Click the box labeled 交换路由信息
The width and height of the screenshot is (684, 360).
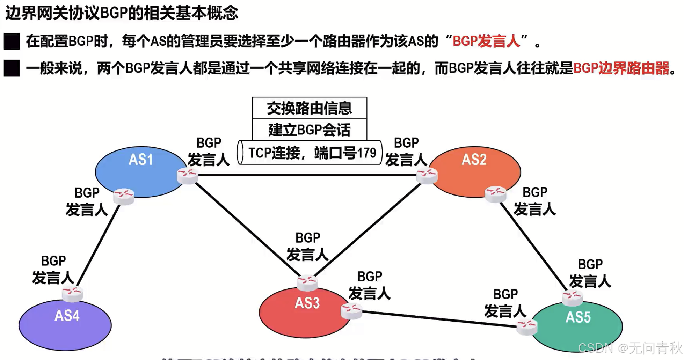click(310, 108)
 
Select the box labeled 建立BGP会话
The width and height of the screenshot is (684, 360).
click(310, 130)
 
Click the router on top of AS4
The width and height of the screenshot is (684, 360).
click(72, 293)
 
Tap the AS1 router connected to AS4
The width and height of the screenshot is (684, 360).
click(124, 196)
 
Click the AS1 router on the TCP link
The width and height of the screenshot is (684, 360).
click(188, 175)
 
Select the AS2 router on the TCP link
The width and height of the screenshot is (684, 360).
click(427, 175)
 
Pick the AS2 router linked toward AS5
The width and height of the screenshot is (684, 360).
click(495, 194)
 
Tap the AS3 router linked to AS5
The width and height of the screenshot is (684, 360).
click(351, 311)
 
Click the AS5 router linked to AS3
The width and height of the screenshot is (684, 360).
click(527, 327)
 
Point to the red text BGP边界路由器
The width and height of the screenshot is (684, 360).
click(621, 68)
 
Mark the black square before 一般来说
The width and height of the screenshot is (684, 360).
click(12, 68)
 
